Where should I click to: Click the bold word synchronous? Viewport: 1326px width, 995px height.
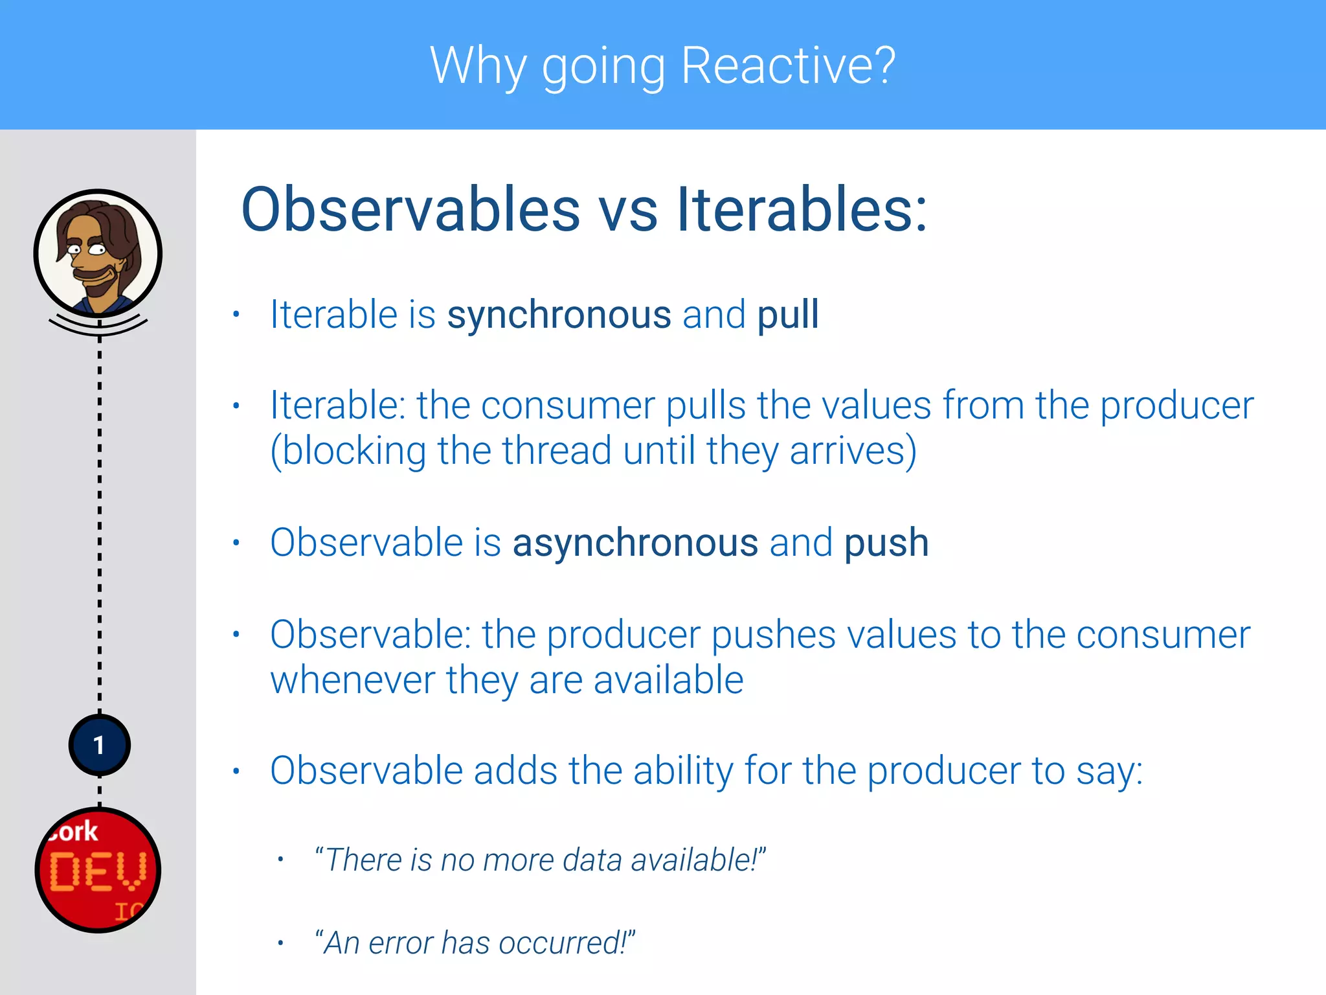[559, 315]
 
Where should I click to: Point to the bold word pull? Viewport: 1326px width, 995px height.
[788, 315]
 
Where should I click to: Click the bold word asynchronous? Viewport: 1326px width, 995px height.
[635, 543]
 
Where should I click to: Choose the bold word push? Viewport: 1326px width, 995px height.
[886, 543]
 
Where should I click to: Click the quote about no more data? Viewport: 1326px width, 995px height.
[539, 860]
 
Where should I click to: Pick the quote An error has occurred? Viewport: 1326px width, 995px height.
[475, 943]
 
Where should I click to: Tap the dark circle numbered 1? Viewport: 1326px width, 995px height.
[99, 746]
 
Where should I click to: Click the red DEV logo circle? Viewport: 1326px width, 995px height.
[98, 871]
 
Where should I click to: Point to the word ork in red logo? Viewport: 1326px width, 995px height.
[74, 832]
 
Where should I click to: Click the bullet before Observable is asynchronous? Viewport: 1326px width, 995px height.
[236, 543]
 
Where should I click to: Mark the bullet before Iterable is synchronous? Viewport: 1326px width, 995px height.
[236, 315]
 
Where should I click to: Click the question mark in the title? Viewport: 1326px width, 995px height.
[883, 66]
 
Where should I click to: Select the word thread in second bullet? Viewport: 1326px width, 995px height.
[556, 451]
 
